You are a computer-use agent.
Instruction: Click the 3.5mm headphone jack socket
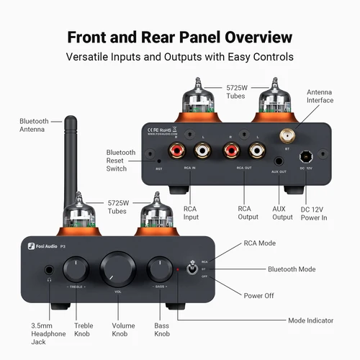[49, 272]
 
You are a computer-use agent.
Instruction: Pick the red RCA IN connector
[177, 151]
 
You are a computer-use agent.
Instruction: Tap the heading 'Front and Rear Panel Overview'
[179, 37]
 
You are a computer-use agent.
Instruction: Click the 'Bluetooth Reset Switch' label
[120, 161]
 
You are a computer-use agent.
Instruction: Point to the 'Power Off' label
[260, 294]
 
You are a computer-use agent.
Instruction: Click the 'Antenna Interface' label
[320, 96]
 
